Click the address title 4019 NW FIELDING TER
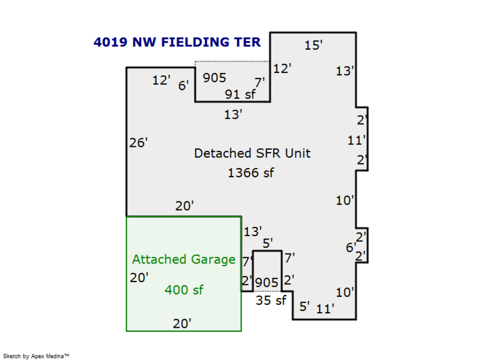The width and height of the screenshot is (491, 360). tap(177, 42)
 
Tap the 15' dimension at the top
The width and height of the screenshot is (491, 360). tap(314, 45)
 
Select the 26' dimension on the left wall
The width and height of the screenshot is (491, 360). tap(139, 143)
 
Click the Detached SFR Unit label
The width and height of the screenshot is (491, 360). tap(252, 153)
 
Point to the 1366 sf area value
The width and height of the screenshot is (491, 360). tap(251, 173)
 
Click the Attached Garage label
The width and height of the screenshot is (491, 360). tap(184, 260)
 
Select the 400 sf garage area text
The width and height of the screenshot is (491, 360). tap(184, 290)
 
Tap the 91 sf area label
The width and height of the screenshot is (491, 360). tap(241, 94)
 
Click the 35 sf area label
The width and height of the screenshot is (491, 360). tap(271, 300)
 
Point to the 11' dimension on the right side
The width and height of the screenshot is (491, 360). tap(356, 140)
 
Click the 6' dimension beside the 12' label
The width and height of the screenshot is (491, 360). tap(184, 85)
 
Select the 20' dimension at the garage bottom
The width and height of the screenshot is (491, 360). tap(182, 323)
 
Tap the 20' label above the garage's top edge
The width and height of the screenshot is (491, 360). tap(184, 206)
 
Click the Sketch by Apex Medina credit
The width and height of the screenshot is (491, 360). tap(37, 356)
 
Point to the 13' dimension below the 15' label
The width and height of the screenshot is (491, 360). tap(345, 71)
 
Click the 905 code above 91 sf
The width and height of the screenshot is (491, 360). tap(214, 78)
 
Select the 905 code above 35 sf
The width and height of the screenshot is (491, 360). tap(267, 283)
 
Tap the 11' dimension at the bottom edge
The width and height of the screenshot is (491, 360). tap(325, 309)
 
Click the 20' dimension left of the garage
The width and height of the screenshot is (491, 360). tap(139, 278)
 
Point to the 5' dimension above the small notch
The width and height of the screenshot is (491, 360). tap(267, 243)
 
